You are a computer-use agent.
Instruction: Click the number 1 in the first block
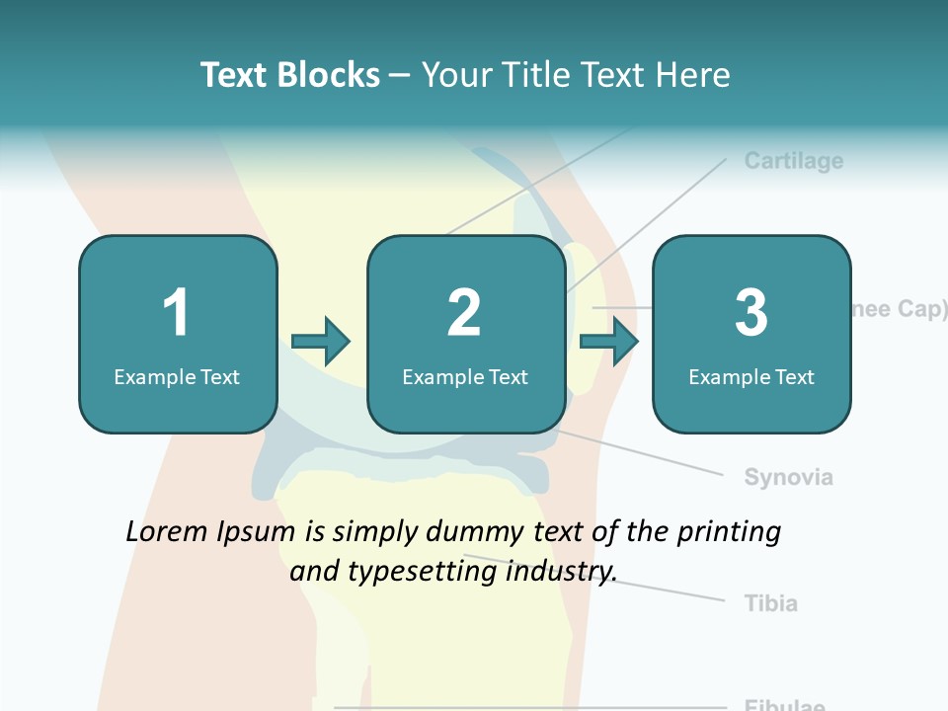point(177,313)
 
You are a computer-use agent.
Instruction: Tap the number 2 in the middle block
point(464,313)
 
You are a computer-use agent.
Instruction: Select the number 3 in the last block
point(751,313)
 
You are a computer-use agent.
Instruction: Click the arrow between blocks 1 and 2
point(322,342)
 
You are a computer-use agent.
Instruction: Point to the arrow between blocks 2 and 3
point(609,342)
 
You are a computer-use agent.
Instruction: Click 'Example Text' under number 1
point(177,376)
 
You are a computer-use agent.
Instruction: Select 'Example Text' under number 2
point(465,376)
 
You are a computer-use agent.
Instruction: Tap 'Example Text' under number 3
point(751,376)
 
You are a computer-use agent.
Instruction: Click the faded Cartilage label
point(794,160)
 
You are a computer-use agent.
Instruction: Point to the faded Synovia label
point(788,477)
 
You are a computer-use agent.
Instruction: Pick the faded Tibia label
point(770,602)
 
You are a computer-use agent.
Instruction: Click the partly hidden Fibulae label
point(784,705)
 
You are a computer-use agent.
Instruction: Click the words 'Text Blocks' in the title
point(290,75)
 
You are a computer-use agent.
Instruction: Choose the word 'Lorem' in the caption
point(168,532)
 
